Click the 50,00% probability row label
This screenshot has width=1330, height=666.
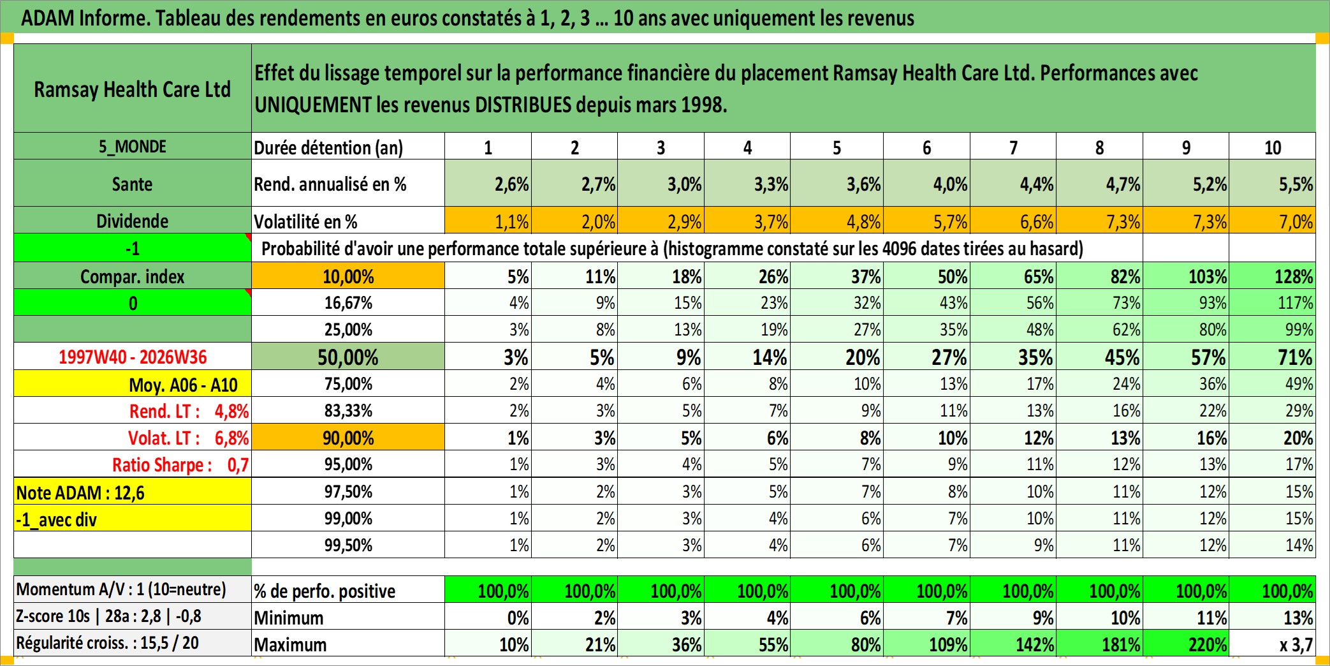coord(348,357)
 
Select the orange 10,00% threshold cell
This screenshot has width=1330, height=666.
coord(348,276)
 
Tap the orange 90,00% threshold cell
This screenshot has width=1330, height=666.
coord(348,438)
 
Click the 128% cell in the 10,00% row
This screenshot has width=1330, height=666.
coord(1273,276)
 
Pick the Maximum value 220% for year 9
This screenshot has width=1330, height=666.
coord(1186,644)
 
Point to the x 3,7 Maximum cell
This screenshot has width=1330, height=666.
coord(1273,644)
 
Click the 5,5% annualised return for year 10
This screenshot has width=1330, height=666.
coord(1273,184)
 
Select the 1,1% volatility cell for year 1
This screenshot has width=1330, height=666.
coord(488,221)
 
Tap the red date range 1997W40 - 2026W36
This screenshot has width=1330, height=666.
coord(133,357)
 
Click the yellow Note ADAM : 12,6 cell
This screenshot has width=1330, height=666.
coord(133,492)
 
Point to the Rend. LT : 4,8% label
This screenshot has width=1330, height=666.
coord(189,411)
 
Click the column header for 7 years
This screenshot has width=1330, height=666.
coord(1013,147)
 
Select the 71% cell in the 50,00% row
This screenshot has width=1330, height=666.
coord(1273,357)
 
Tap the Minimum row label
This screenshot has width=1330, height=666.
coord(289,618)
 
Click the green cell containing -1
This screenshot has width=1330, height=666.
coord(133,248)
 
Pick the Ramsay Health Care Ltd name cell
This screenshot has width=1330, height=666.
coord(133,89)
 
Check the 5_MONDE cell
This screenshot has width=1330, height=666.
coord(133,147)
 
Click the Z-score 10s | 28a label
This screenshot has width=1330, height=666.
coord(108,616)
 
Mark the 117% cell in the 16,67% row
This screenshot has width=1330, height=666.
coord(1273,302)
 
